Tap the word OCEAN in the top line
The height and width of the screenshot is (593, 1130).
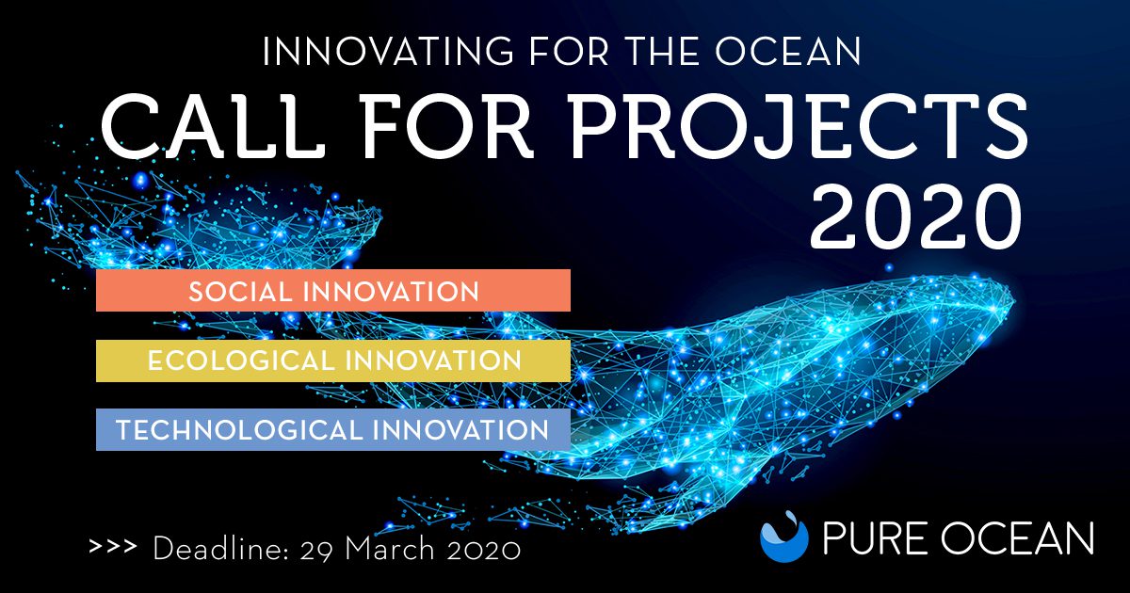point(788,51)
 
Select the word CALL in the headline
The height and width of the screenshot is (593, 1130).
point(214,126)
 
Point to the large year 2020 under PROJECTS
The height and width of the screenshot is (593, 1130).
point(915,216)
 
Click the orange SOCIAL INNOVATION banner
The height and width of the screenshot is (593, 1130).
point(333,291)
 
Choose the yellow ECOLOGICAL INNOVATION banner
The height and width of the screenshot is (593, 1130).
point(333,361)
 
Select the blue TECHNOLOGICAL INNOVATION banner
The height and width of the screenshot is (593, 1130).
point(333,429)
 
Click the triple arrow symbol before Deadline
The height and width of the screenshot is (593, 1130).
point(113,547)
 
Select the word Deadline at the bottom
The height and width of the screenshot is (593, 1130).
point(220,548)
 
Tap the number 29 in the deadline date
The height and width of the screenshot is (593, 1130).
point(316,549)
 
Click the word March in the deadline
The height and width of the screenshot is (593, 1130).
point(390,548)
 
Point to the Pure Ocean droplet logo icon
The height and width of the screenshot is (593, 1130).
point(783,537)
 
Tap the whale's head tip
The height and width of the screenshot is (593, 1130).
point(1011,301)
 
